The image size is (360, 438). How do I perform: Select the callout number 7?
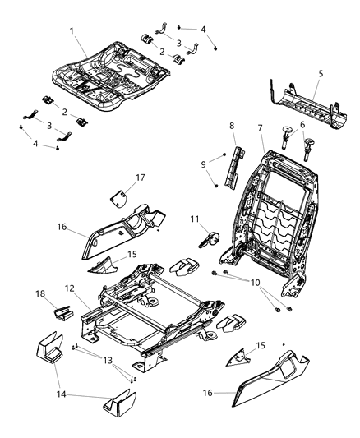pos(260,128)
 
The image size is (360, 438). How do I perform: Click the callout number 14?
pos(56,385)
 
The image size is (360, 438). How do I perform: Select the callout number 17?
pos(141,176)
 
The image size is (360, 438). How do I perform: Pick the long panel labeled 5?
pos(304,102)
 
